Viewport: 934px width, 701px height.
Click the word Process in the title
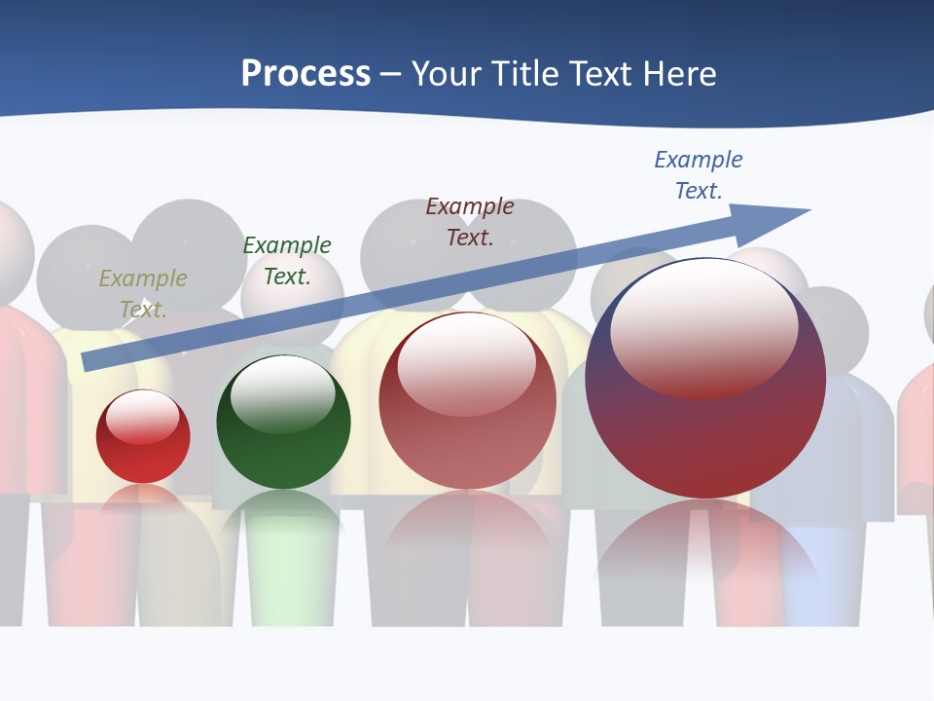(305, 73)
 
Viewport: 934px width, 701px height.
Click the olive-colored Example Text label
(143, 294)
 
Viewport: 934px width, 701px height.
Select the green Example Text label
(287, 261)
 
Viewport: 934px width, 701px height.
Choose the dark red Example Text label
(470, 221)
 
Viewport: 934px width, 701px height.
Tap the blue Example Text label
(699, 174)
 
